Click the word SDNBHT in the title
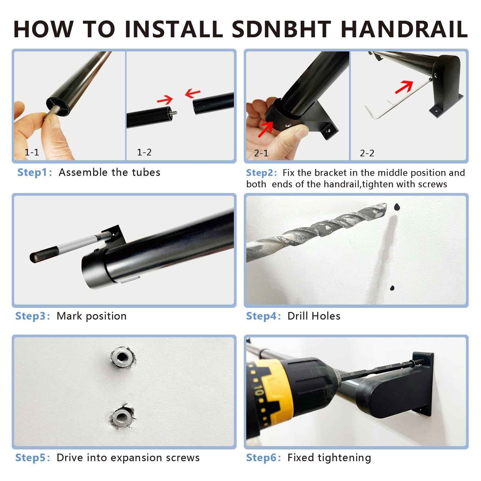(x=281, y=29)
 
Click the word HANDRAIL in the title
(x=404, y=29)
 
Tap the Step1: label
(x=35, y=172)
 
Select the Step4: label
(x=263, y=316)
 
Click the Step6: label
(x=263, y=458)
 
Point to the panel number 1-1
(x=32, y=152)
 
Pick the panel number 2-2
(x=367, y=153)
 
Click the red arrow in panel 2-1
(x=266, y=129)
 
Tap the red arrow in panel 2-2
(x=404, y=87)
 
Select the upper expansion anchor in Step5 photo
(x=122, y=357)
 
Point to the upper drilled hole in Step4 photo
(x=396, y=207)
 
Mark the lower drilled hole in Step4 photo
(x=392, y=288)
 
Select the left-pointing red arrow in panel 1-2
(x=193, y=93)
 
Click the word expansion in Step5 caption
(x=136, y=458)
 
